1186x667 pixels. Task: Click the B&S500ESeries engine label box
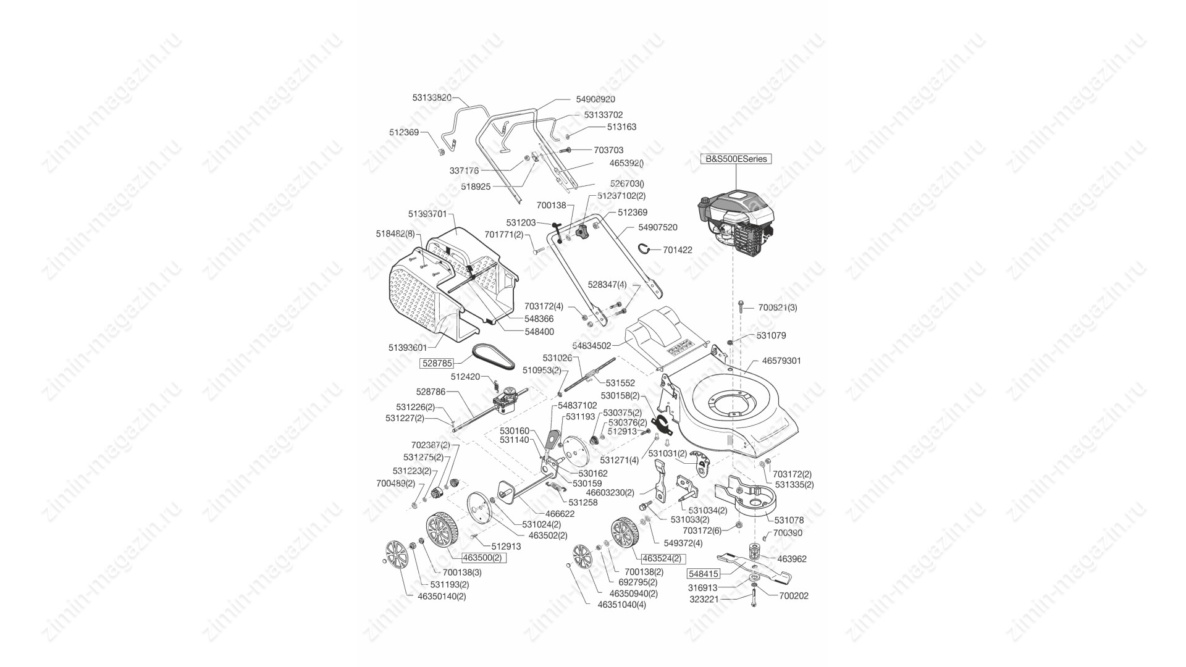pyautogui.click(x=736, y=159)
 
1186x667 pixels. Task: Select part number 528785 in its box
pyautogui.click(x=437, y=363)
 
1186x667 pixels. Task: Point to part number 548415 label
pyautogui.click(x=704, y=574)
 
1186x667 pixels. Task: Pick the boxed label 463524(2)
pyautogui.click(x=662, y=558)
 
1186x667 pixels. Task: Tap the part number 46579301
pyautogui.click(x=781, y=361)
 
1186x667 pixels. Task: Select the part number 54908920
pyautogui.click(x=595, y=99)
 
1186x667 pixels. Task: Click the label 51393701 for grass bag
pyautogui.click(x=427, y=214)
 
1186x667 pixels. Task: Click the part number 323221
pyautogui.click(x=704, y=599)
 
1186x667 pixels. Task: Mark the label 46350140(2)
pyautogui.click(x=442, y=597)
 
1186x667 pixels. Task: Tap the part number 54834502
pyautogui.click(x=591, y=346)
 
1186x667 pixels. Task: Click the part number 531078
pyautogui.click(x=789, y=521)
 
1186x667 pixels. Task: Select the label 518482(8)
pyautogui.click(x=395, y=234)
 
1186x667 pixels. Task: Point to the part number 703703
pyautogui.click(x=608, y=150)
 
